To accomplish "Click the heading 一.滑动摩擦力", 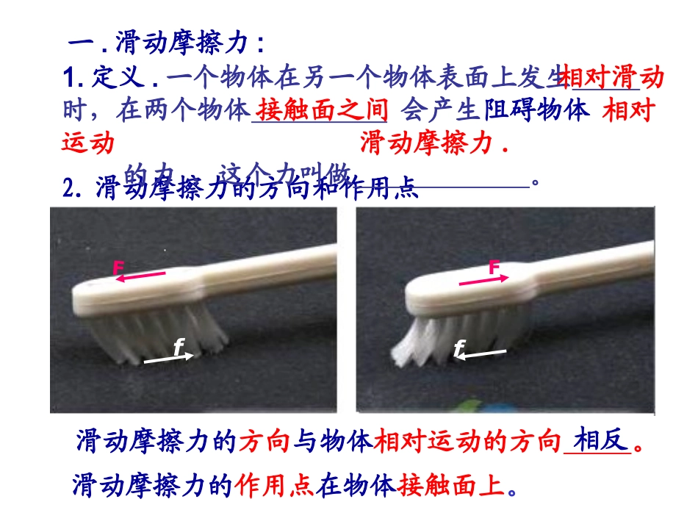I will click(x=167, y=42).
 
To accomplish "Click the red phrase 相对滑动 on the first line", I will click(x=612, y=76).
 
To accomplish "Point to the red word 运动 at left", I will click(x=88, y=144).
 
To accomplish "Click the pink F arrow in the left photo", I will click(x=140, y=276).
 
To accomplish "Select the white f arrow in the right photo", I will click(x=481, y=356).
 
